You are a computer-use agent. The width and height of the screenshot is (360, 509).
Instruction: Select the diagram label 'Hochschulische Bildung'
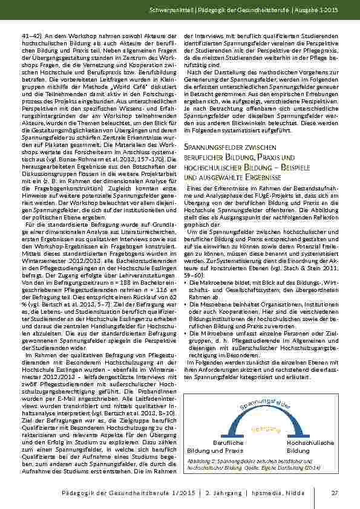tap(309, 447)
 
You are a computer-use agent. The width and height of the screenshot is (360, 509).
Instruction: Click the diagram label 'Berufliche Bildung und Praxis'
tap(211, 447)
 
